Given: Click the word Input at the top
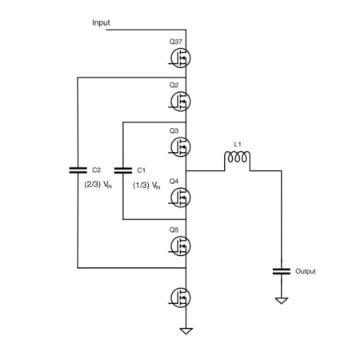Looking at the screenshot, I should pos(101,23).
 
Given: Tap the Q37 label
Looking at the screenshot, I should pos(177,42).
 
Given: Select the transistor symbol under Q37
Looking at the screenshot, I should pos(182,57).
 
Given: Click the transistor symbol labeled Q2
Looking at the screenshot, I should pos(182,101).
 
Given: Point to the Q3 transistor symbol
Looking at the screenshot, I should pos(182,146).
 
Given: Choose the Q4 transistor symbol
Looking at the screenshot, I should pos(182,196).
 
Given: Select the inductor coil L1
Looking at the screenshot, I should pos(238,159).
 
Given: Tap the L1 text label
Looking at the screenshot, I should pos(238,144).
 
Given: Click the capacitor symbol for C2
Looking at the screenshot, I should pos(77,170).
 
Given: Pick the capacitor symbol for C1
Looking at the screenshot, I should pos(122,170).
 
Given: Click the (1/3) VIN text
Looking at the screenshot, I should pos(146,185).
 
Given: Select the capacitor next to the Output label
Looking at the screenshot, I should pos(280,270).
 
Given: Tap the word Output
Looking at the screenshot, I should pos(306,271).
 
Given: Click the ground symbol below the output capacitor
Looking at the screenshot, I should pos(280,301).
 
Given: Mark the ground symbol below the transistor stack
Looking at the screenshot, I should pos(186,330).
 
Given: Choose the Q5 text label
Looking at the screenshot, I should pos(174,230).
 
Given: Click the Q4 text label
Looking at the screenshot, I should pos(174,181).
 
